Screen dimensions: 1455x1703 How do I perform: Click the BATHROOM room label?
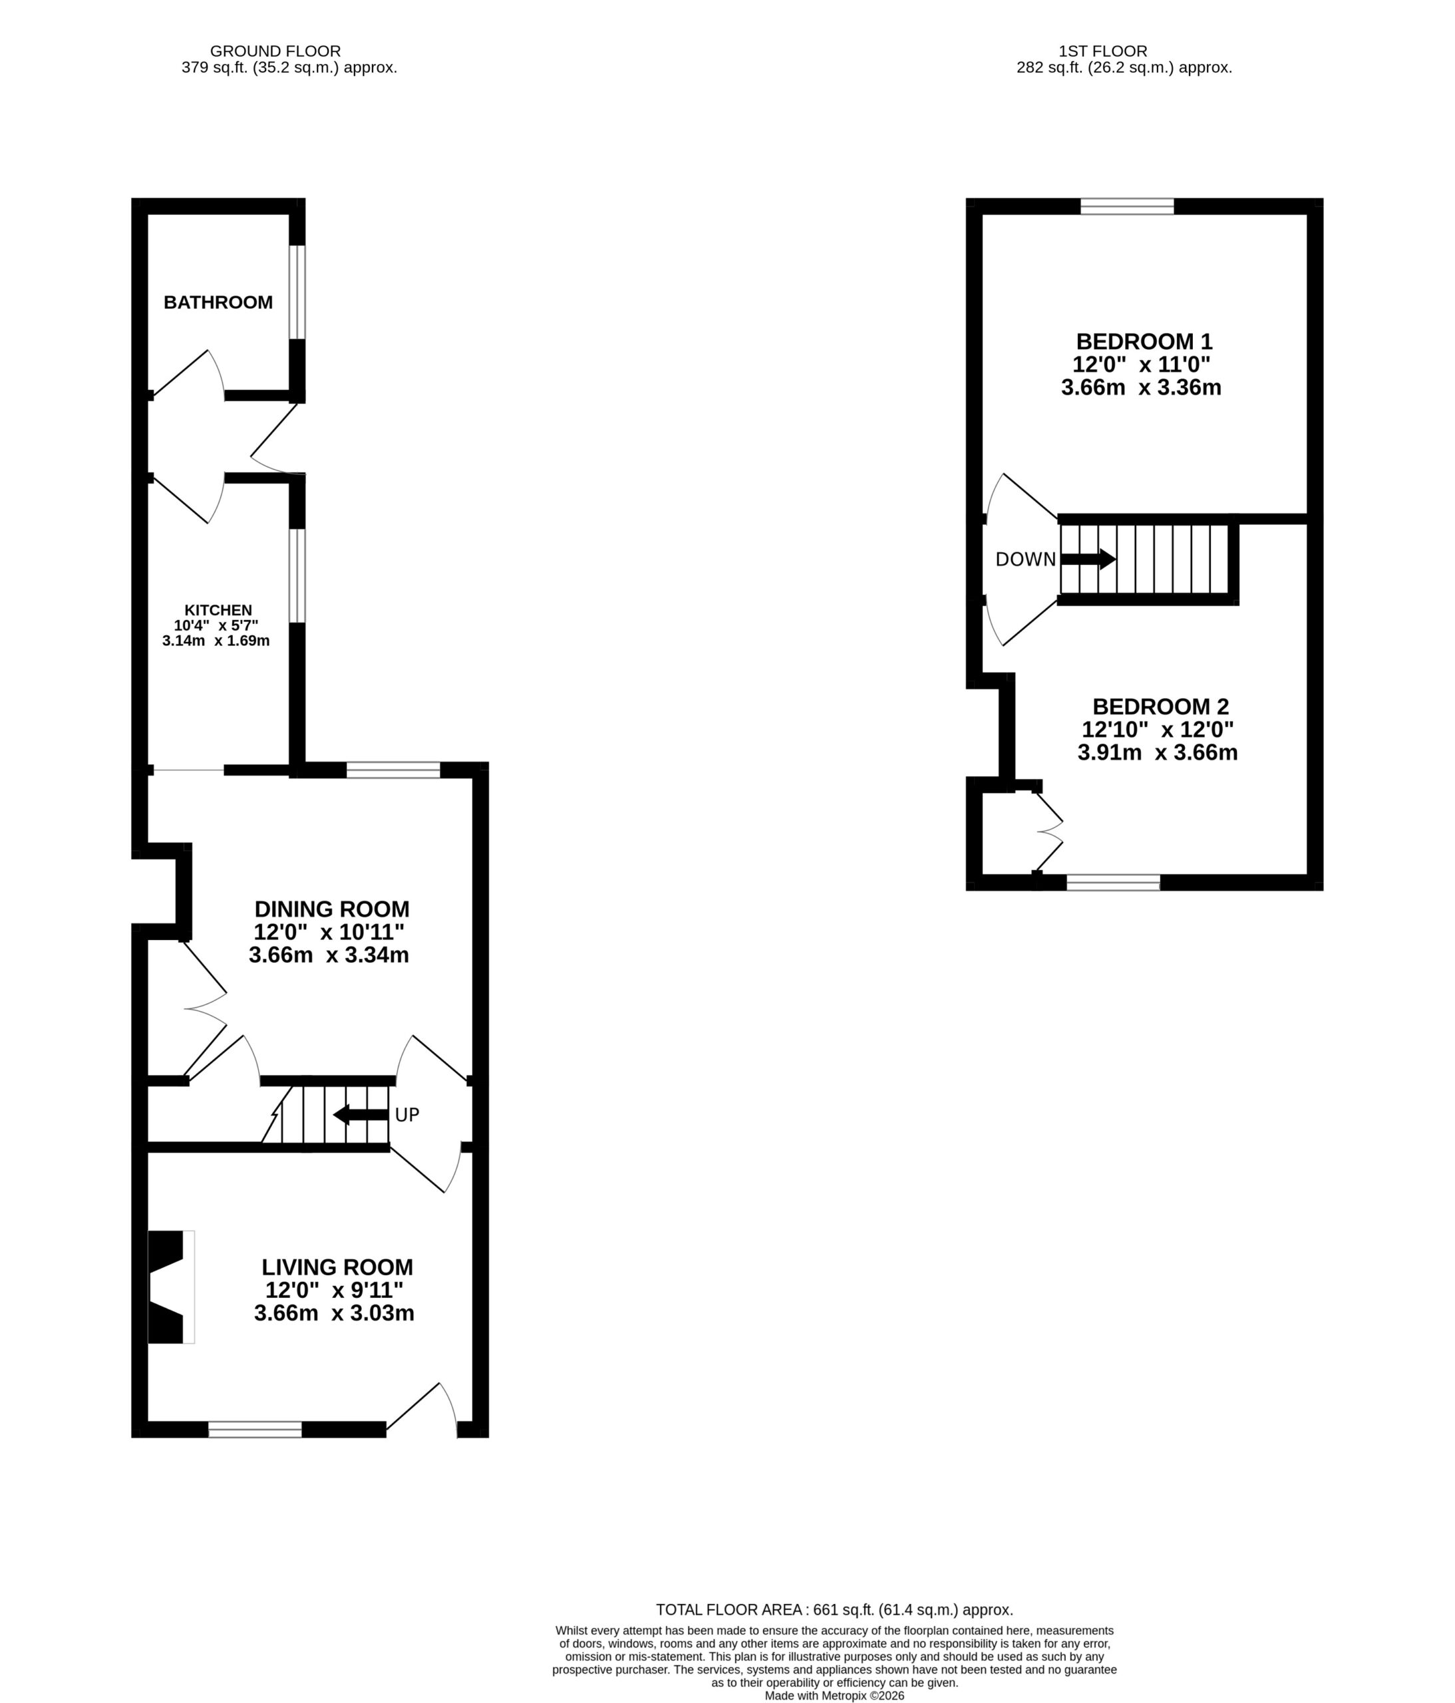click(x=218, y=303)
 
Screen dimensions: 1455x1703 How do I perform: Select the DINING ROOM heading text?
click(x=331, y=909)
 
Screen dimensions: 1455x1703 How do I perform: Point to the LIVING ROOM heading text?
click(x=337, y=1267)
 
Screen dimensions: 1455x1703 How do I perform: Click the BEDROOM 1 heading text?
click(x=1144, y=341)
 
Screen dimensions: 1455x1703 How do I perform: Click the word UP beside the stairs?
click(x=407, y=1114)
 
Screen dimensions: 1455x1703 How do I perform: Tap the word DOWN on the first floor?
click(x=1025, y=559)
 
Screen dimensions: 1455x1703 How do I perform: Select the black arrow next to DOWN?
click(x=1088, y=559)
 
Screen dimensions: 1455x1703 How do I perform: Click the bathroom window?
click(x=297, y=292)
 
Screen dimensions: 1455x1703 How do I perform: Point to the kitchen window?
click(x=297, y=575)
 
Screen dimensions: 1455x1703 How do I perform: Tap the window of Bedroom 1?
click(x=1127, y=206)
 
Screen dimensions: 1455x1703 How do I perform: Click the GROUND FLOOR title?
click(x=275, y=51)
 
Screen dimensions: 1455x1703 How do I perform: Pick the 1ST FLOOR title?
click(x=1103, y=51)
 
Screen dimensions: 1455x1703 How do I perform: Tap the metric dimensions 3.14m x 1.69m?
click(x=216, y=640)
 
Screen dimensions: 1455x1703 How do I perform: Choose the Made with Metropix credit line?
click(x=834, y=1695)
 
